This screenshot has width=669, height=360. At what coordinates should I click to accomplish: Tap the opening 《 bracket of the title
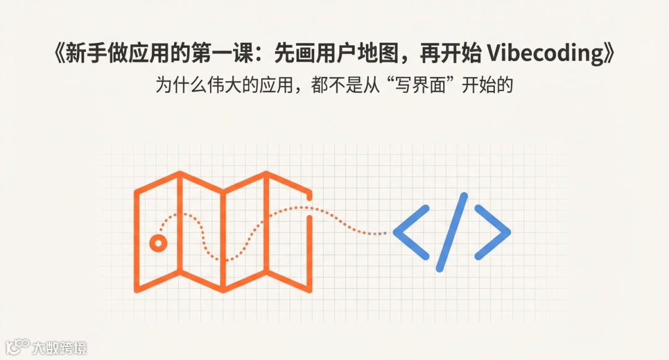[60, 55]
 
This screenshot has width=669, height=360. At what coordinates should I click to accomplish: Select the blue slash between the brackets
[452, 232]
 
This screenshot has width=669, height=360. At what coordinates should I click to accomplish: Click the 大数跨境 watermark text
[60, 348]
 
